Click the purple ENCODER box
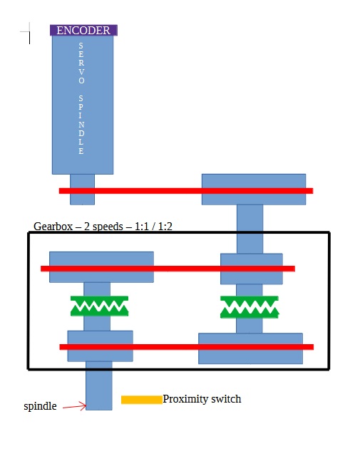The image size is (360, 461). point(83,31)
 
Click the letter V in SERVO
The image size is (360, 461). point(81,72)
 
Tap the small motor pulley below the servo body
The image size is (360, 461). point(83,190)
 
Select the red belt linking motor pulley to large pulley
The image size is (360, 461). point(186,191)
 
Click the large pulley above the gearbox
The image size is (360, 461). point(254,190)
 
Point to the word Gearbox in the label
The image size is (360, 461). point(53,227)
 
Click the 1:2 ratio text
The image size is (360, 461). point(165,227)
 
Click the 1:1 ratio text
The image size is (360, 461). point(142,227)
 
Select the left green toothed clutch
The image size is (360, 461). point(99,306)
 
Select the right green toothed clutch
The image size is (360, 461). point(250,307)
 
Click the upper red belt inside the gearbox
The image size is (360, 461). point(168,269)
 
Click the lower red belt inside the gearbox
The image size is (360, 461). point(187,347)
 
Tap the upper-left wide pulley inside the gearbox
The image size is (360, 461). point(101,267)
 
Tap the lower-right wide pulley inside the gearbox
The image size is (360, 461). point(251,348)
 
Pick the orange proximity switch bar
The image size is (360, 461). point(142,400)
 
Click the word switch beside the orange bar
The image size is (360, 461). point(226,399)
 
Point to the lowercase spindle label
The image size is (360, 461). point(41,406)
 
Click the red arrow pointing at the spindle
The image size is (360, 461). point(74,407)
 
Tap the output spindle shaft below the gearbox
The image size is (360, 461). point(99,385)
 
